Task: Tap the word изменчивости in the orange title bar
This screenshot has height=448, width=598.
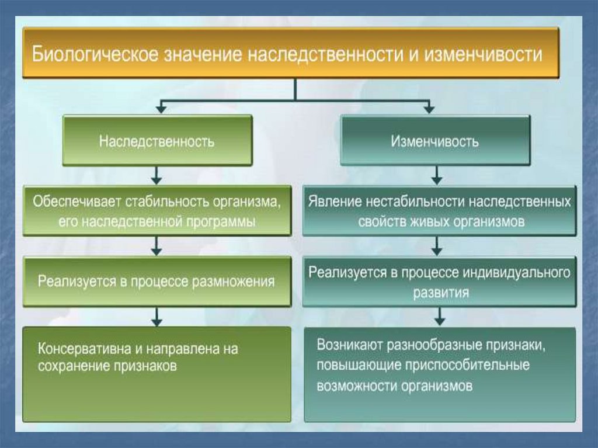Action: click(483, 54)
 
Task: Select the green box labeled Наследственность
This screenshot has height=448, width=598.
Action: click(157, 140)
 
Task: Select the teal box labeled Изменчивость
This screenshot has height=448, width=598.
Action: click(434, 140)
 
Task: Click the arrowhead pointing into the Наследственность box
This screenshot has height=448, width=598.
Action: click(161, 110)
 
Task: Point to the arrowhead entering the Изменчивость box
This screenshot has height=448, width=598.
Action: click(429, 110)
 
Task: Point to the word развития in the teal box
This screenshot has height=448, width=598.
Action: click(441, 293)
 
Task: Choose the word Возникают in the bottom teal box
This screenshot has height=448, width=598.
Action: click(350, 345)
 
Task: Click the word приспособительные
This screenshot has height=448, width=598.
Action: click(467, 365)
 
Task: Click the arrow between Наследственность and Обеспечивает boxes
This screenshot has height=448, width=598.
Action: click(157, 176)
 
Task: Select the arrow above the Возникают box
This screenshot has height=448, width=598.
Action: click(440, 317)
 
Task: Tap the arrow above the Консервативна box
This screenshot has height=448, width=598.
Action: click(157, 317)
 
